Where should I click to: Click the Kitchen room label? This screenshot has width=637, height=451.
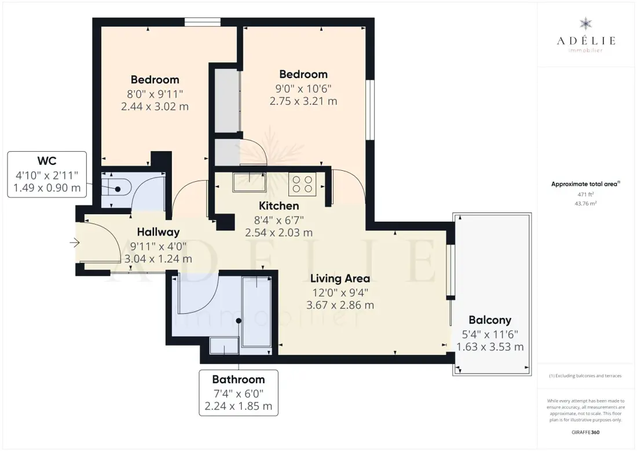[x=279, y=206]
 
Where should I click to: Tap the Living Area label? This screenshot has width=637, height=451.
[x=340, y=278]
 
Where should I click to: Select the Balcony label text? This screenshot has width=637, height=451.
[x=490, y=320]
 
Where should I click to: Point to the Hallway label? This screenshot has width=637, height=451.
[x=158, y=232]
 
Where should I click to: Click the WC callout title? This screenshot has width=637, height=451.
[x=47, y=161]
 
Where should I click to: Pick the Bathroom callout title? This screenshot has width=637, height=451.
[x=239, y=379]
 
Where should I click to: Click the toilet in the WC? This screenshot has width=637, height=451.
[x=116, y=189]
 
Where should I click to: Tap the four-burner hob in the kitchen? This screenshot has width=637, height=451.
[x=302, y=184]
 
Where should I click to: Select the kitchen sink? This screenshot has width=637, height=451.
[x=249, y=182]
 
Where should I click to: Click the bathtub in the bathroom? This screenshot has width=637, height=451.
[x=257, y=311]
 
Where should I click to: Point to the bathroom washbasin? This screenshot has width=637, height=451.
[x=224, y=346]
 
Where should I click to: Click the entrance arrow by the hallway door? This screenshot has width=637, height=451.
[x=74, y=243]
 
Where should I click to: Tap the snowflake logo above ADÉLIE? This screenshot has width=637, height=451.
[x=585, y=24]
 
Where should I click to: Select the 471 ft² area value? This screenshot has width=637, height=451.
[x=585, y=195]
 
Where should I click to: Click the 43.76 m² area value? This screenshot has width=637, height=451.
[x=585, y=204]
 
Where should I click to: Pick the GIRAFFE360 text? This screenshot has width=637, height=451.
[x=585, y=432]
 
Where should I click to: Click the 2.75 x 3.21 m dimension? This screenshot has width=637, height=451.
[x=303, y=101]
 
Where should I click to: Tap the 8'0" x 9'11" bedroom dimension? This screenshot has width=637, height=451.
[x=155, y=94]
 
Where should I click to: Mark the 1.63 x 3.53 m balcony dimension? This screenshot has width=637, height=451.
[x=490, y=347]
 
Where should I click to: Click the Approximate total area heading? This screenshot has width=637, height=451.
[x=585, y=184]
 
